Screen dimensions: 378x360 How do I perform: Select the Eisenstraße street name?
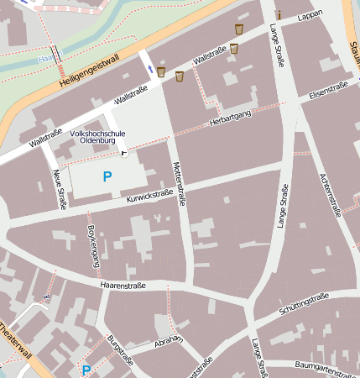click(328, 91)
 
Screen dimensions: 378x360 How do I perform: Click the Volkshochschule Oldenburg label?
click(100, 138)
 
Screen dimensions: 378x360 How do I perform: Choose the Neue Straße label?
click(60, 188)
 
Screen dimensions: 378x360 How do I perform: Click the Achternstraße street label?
click(331, 195)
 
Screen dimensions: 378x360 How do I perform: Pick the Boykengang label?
click(92, 245)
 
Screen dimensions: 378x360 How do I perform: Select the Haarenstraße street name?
click(123, 286)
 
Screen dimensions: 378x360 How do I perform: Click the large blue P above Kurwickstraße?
click(107, 176)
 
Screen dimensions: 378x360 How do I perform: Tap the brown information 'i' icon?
click(278, 13)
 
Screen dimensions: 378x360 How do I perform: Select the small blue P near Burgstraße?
click(86, 370)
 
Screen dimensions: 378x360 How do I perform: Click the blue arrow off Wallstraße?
click(151, 67)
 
